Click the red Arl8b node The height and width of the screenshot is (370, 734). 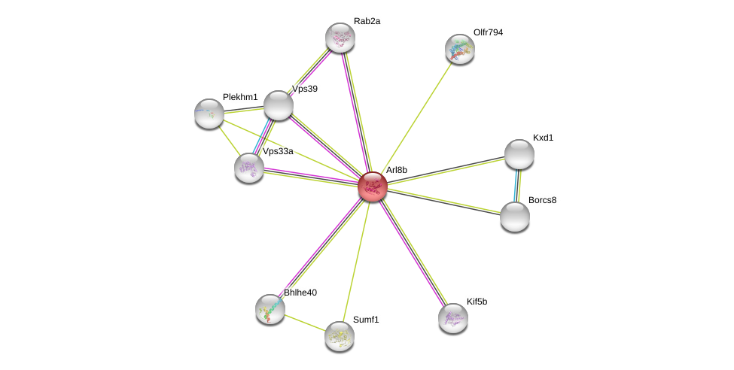[x=372, y=187]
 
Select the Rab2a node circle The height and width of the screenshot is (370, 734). [x=340, y=38]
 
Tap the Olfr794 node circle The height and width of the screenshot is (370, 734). [x=459, y=49]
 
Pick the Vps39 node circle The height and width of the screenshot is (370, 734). [x=278, y=105]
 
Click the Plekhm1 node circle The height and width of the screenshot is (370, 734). [x=209, y=114]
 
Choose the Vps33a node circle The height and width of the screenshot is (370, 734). [x=248, y=168]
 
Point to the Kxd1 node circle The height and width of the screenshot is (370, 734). [x=519, y=154]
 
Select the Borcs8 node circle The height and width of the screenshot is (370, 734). [x=515, y=217]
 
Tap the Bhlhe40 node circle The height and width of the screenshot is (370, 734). [x=270, y=308]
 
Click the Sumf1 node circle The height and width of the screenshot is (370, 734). [x=339, y=335]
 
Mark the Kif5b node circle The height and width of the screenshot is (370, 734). [x=452, y=317]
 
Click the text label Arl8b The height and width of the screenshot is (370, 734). [x=396, y=170]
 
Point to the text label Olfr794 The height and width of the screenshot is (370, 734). [x=488, y=32]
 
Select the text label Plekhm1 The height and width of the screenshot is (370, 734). [x=240, y=97]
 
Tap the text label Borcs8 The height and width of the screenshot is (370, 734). [x=542, y=200]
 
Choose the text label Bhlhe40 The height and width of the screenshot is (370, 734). [x=300, y=292]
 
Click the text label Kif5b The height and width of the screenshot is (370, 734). [x=477, y=302]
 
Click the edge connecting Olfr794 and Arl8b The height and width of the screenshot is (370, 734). [x=416, y=117]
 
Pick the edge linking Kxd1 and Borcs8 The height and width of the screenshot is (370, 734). [x=517, y=185]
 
